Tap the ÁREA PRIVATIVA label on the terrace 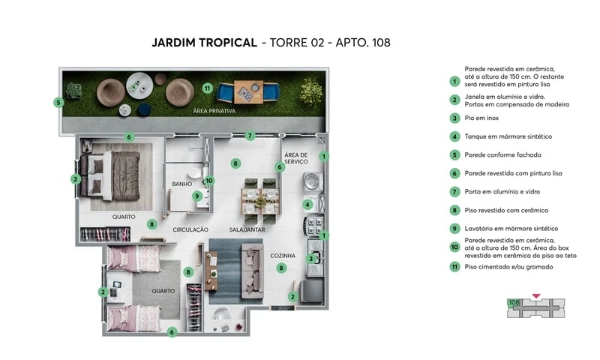214,111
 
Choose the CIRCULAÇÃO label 190,229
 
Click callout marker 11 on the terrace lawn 207,88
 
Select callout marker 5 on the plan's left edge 58,102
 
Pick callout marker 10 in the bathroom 209,180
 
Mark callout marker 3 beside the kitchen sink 310,259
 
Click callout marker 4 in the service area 307,204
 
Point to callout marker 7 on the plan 250,136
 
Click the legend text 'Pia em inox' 482,118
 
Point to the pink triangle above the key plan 535,296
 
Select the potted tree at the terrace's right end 310,91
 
